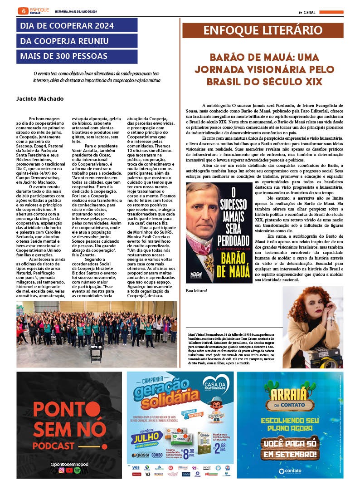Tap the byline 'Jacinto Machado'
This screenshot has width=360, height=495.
tap(40, 99)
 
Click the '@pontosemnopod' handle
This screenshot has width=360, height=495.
tap(69, 464)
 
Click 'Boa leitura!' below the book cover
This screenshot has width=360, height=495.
tap(196, 290)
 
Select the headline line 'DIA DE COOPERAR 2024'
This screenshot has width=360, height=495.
tap(67, 25)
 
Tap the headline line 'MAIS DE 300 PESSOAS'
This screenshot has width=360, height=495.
tap(63, 56)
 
